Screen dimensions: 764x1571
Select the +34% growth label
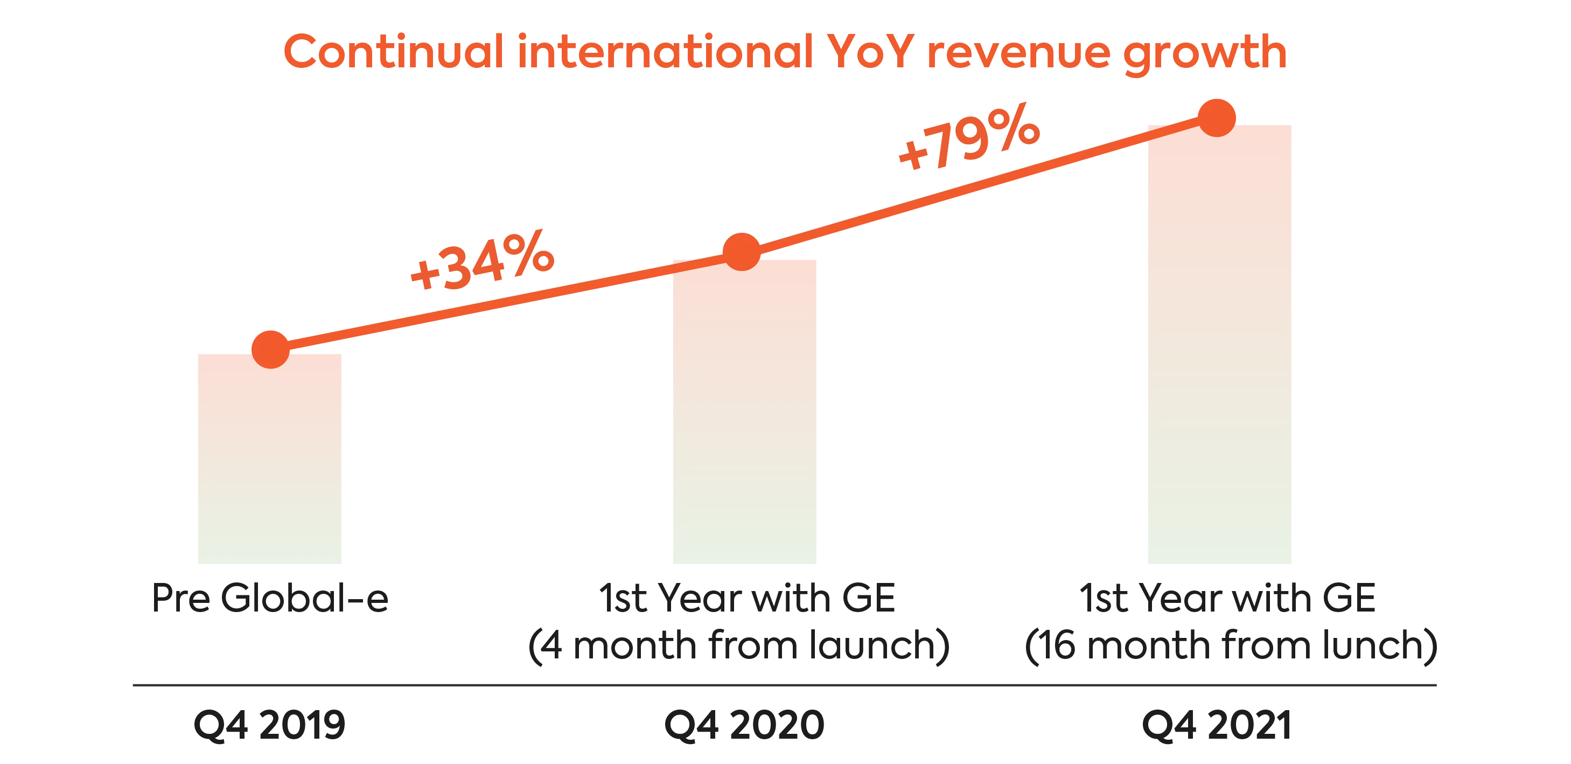pos(482,261)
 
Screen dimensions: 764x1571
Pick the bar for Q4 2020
pos(745,415)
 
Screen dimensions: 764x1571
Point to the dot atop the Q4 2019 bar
pos(269,347)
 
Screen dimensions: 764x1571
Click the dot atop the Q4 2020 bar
pos(741,252)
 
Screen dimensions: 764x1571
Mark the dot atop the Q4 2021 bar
pos(1217,114)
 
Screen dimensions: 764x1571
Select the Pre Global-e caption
pos(269,599)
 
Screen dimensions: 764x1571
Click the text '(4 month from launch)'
pos(738,645)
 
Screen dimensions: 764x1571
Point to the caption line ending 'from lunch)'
pos(1232,645)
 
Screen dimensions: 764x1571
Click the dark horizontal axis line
pos(784,685)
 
